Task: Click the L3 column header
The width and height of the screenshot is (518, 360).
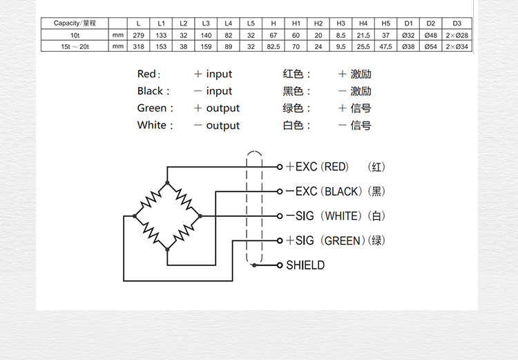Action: click(206, 23)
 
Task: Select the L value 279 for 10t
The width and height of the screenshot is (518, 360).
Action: click(138, 35)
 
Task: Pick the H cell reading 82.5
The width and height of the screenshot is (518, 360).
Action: click(273, 46)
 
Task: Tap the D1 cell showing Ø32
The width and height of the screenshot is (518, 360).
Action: click(408, 35)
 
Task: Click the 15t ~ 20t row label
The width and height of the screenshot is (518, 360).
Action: click(75, 46)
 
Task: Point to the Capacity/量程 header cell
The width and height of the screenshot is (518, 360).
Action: click(75, 23)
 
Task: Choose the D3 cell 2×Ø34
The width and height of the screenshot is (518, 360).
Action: click(457, 46)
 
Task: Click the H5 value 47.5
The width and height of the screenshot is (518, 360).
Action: click(385, 46)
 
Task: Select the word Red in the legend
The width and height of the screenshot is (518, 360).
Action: click(147, 74)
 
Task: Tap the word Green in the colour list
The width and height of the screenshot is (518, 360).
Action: click(152, 108)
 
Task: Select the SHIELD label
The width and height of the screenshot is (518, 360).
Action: click(305, 265)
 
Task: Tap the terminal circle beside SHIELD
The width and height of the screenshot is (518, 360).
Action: click(280, 265)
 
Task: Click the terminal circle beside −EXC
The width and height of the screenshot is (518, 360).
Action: click(280, 191)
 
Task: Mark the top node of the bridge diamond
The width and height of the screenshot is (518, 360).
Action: click(167, 183)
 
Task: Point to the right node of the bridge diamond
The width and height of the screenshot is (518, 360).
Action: click(200, 216)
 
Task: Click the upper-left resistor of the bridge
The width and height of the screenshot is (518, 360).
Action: click(150, 199)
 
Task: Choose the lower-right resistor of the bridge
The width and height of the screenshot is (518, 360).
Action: click(184, 233)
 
